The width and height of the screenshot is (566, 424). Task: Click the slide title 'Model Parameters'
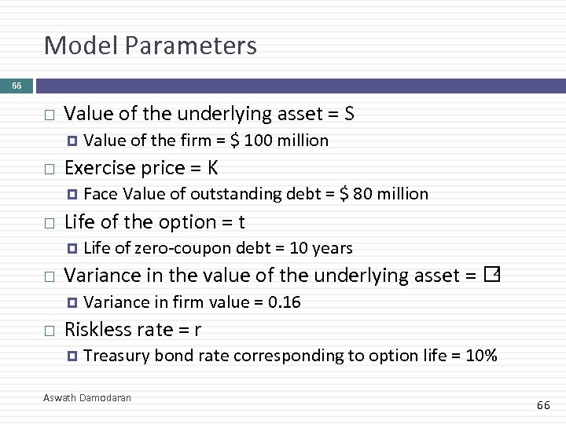pyautogui.click(x=150, y=46)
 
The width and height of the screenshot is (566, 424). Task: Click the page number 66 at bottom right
pyautogui.click(x=543, y=405)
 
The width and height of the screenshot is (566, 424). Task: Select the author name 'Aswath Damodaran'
pyautogui.click(x=87, y=398)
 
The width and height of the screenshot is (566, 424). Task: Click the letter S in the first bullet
pyautogui.click(x=349, y=115)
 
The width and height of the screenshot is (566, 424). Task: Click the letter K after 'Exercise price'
pyautogui.click(x=213, y=168)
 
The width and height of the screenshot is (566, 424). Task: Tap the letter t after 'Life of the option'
pyautogui.click(x=241, y=222)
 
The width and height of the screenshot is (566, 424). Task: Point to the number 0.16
pyautogui.click(x=284, y=302)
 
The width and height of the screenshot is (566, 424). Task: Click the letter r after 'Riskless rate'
pyautogui.click(x=197, y=330)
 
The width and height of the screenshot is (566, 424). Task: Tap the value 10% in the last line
pyautogui.click(x=481, y=356)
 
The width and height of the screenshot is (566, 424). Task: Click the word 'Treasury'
pyautogui.click(x=116, y=356)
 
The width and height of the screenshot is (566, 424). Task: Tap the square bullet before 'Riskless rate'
pyautogui.click(x=49, y=331)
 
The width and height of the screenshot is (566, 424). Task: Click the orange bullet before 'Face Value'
pyautogui.click(x=72, y=194)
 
